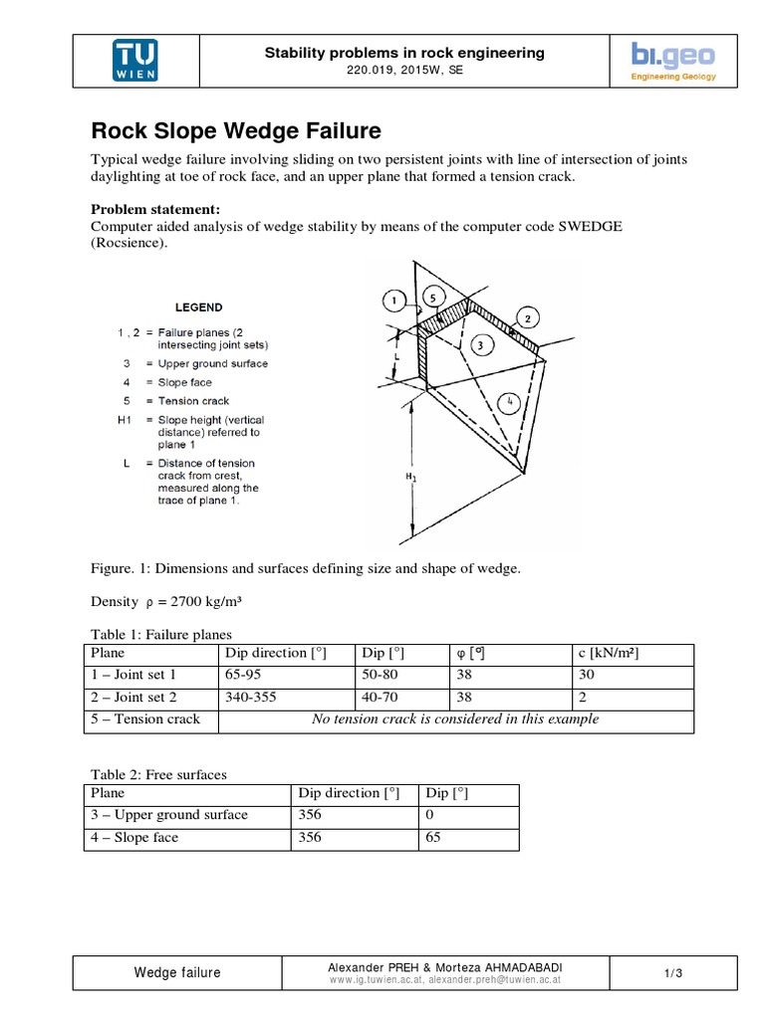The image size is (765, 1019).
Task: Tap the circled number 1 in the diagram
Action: [x=394, y=299]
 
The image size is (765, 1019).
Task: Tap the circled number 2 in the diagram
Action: [x=529, y=317]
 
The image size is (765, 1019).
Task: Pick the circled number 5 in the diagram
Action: [x=432, y=296]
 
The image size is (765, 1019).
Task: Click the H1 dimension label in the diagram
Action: [x=411, y=479]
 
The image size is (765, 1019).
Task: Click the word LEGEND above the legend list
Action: [x=199, y=307]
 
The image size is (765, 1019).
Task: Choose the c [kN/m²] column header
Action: [x=608, y=653]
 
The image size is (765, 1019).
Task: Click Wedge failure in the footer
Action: [x=178, y=973]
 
